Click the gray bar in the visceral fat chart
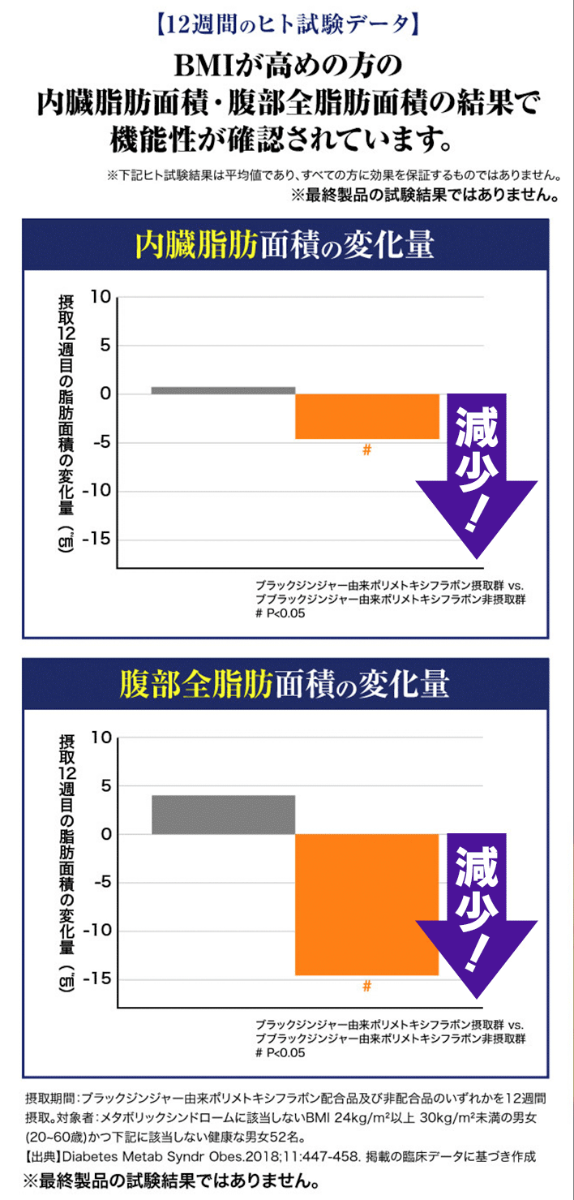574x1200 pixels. pyautogui.click(x=223, y=390)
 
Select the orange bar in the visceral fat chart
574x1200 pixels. pyautogui.click(x=366, y=416)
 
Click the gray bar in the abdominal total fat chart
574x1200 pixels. pyautogui.click(x=223, y=815)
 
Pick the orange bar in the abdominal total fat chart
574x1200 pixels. pyautogui.click(x=366, y=904)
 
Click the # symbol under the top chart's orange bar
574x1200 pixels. pyautogui.click(x=366, y=449)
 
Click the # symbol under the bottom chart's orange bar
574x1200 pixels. pyautogui.click(x=366, y=986)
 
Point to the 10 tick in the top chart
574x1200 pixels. pyautogui.click(x=100, y=297)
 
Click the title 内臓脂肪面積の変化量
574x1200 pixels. pyautogui.click(x=285, y=246)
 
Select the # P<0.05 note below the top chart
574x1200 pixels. pyautogui.click(x=280, y=613)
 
